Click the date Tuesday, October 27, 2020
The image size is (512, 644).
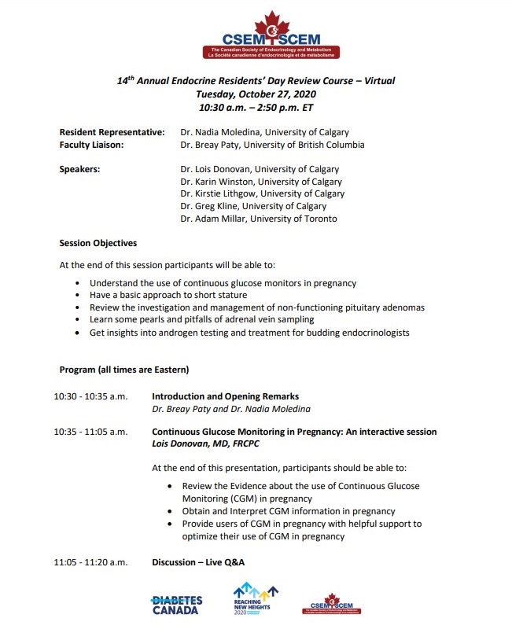point(256,94)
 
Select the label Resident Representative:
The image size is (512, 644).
point(112,132)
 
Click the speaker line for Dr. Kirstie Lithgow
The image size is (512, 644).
point(262,193)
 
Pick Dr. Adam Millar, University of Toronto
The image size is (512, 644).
point(258,219)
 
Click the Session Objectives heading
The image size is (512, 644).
point(98,243)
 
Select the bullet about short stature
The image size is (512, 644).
point(153,295)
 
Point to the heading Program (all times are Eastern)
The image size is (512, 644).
point(124,370)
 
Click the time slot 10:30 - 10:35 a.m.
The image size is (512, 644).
point(90,396)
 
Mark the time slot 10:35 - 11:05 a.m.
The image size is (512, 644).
point(90,432)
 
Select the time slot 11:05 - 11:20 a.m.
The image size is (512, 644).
point(90,562)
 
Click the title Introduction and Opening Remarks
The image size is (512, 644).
point(225,396)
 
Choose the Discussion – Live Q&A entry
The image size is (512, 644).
point(198,562)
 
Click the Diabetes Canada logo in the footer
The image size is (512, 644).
point(176,605)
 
